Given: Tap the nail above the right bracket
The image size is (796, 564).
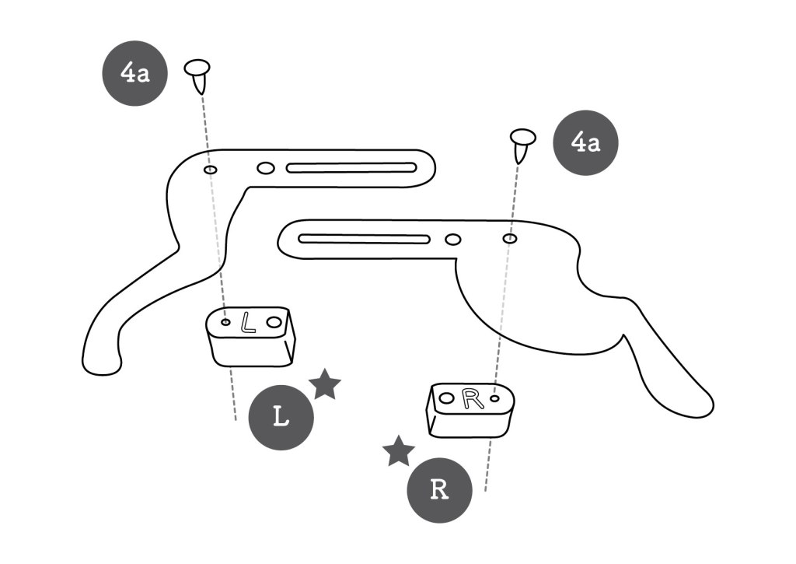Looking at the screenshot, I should [522, 143].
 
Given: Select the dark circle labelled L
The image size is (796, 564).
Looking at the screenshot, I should [281, 417].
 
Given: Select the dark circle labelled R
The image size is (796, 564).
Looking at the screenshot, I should [440, 490].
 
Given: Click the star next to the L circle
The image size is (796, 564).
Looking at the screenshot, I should [325, 384].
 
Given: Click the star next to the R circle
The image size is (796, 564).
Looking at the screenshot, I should [399, 451].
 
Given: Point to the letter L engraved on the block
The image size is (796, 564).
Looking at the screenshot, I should [247, 322].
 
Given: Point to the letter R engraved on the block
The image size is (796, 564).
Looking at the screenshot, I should [471, 399].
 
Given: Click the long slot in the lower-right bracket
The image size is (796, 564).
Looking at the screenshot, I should [365, 238].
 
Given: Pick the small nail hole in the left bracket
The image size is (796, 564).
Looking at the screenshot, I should [210, 169].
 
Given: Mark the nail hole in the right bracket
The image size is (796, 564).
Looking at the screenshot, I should [509, 238].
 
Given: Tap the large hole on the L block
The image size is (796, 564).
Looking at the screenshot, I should [274, 321].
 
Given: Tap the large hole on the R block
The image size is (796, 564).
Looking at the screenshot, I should [446, 398].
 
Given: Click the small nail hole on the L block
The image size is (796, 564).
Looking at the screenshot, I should [225, 321].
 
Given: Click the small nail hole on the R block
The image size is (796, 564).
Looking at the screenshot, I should [494, 400].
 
